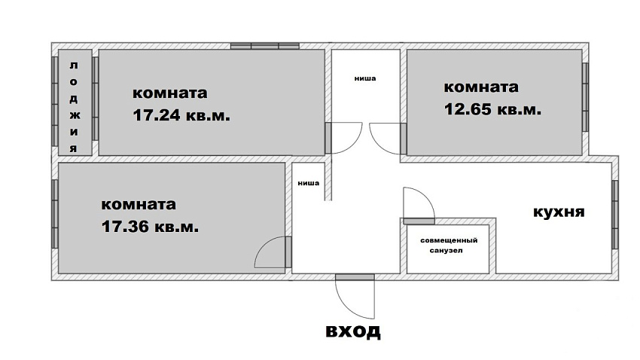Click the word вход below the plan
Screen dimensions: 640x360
tap(353, 331)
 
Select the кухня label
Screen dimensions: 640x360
tap(559, 212)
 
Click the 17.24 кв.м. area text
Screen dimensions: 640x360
tap(181, 115)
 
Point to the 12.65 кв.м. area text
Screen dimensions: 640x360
tap(492, 109)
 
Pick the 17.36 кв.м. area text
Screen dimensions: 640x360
tap(150, 227)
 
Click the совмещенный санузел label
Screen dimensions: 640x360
tap(449, 246)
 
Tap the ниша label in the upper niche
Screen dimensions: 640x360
tap(365, 78)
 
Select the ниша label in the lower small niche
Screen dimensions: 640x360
tap(309, 183)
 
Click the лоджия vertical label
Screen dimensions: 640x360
tap(74, 106)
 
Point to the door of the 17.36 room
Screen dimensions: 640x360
tap(288, 252)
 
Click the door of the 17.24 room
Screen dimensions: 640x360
tap(328, 138)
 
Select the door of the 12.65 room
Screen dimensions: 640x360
tap(404, 139)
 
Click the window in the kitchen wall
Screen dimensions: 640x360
tap(615, 215)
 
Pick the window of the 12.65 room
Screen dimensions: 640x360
tap(585, 97)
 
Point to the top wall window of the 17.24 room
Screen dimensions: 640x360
tap(265, 46)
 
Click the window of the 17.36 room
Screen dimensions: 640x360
tap(55, 214)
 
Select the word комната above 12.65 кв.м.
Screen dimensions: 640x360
tap(481, 87)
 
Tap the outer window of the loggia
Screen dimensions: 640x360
tap(55, 101)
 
